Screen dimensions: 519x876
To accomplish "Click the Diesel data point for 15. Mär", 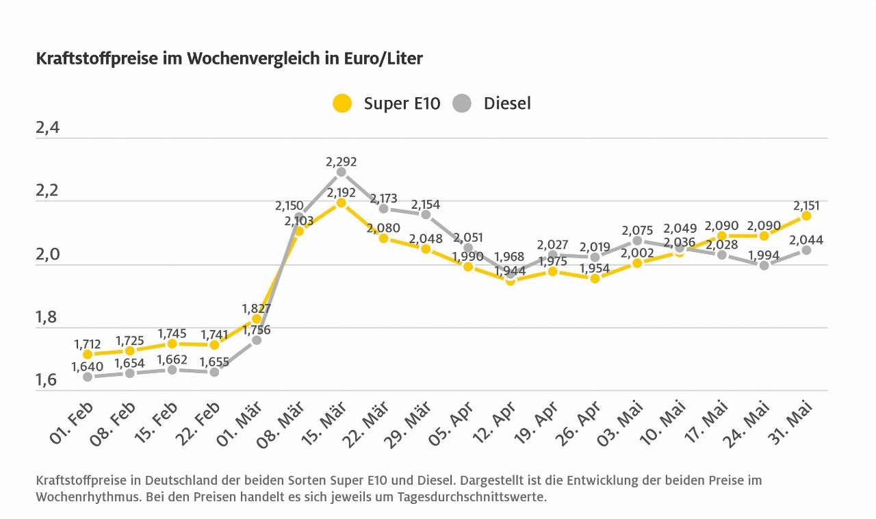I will coord(341,172).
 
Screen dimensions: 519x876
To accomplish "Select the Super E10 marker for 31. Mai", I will coord(806,216).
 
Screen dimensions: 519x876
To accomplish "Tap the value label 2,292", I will coord(341,162).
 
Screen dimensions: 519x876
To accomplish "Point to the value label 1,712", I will coord(88,343).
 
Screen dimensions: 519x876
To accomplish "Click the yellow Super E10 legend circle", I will coord(342,103).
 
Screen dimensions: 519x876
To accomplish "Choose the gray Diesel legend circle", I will coord(463,103).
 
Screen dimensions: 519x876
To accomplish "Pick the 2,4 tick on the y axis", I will coord(48,128).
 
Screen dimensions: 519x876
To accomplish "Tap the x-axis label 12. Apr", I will coord(498,423).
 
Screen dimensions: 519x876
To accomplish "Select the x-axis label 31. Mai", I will coord(794,423).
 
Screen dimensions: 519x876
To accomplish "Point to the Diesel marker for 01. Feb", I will coord(88,377).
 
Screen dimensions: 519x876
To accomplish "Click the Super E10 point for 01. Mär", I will coord(257,318).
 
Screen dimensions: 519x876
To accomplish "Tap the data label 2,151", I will coord(806,205).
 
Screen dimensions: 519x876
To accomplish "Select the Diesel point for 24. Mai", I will coord(764,265).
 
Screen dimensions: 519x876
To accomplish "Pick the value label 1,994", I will coord(764,255).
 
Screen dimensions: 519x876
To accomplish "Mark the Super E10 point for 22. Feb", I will coord(214,344).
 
